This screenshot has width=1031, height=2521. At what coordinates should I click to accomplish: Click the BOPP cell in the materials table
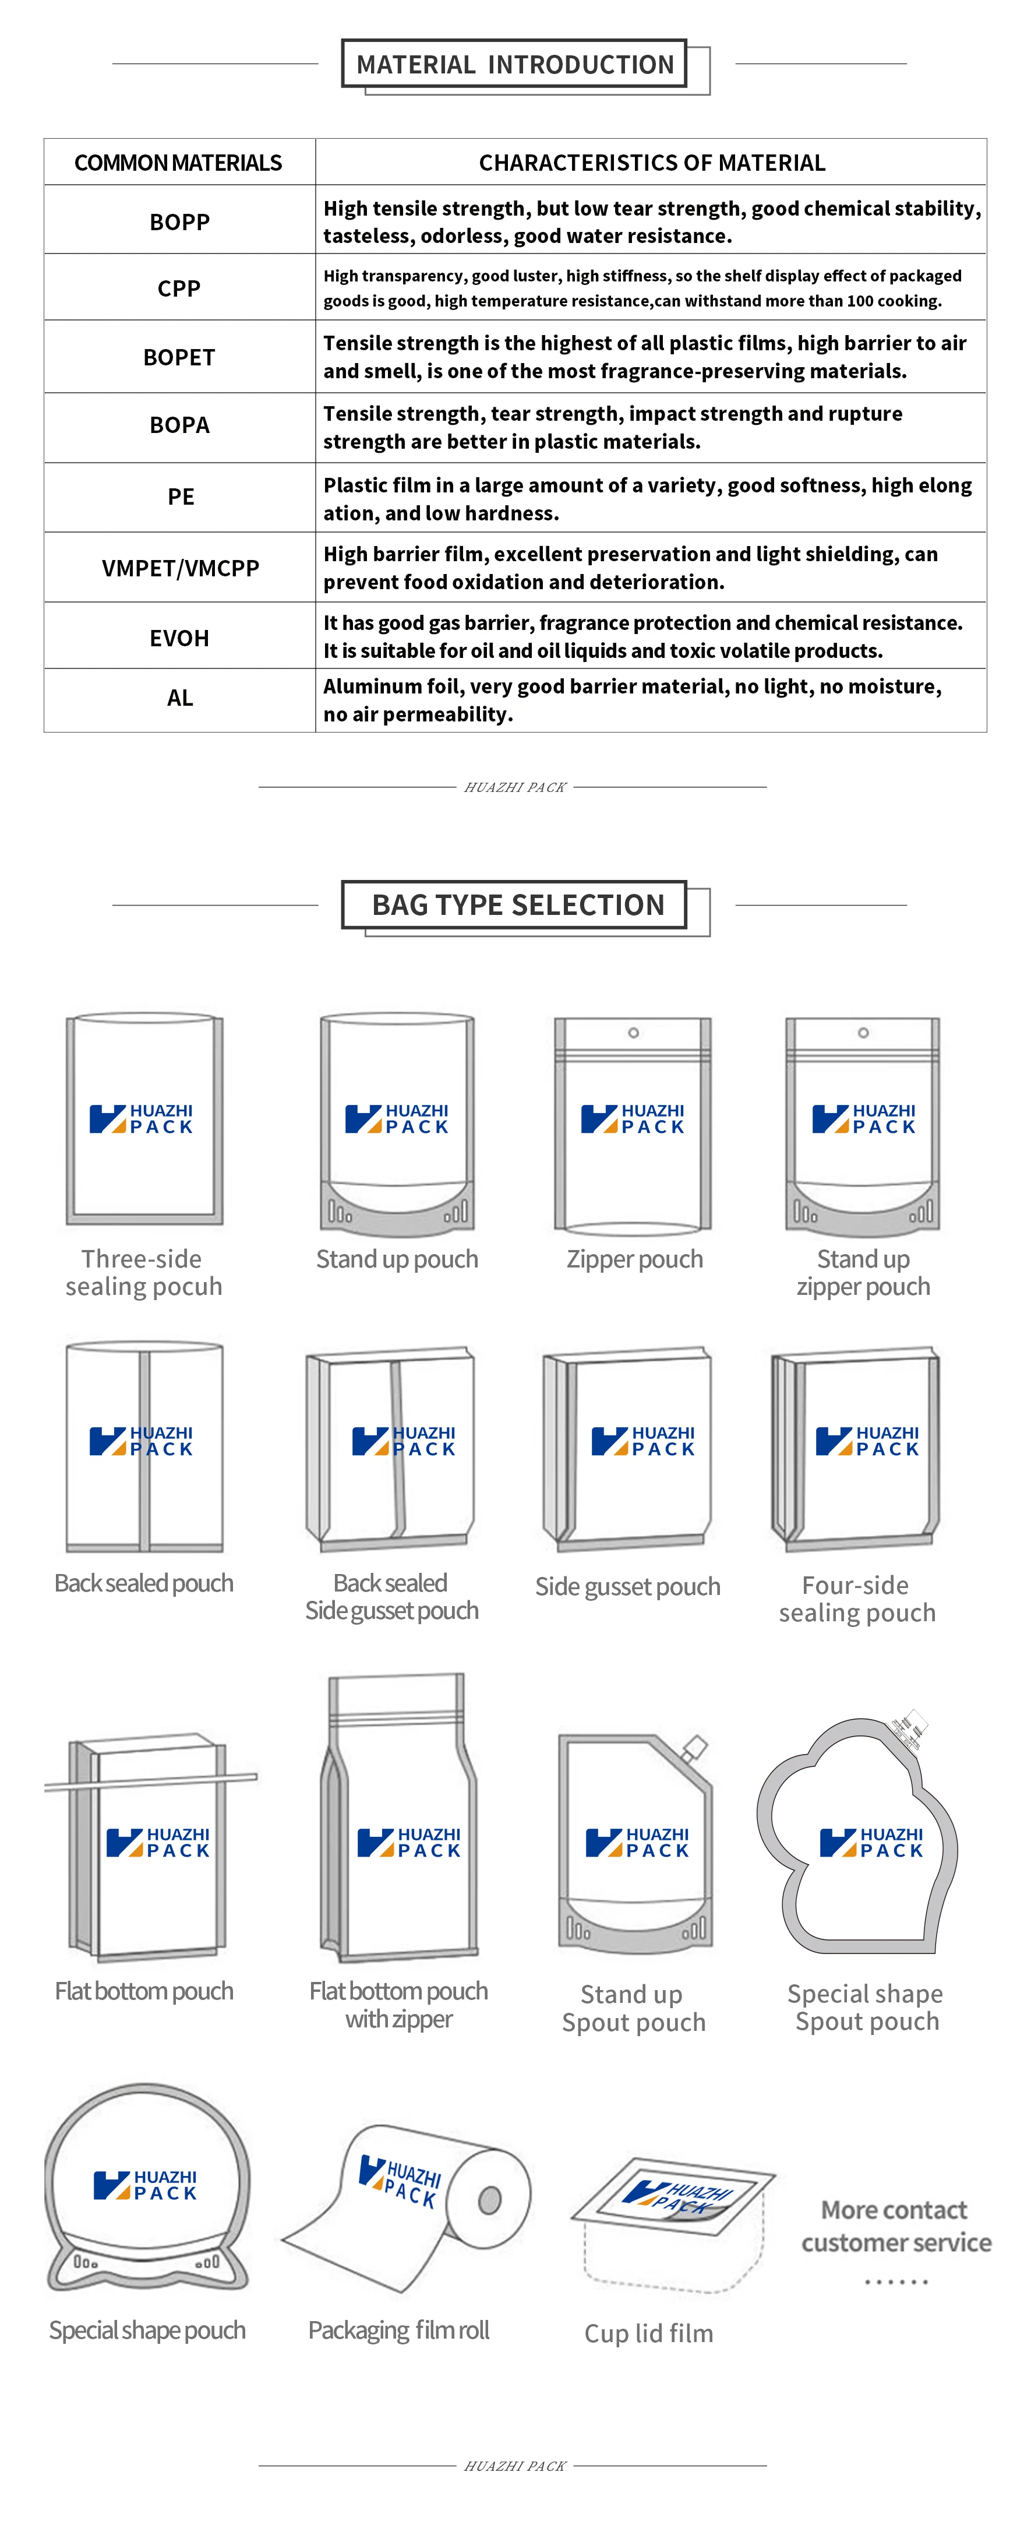pos(179,222)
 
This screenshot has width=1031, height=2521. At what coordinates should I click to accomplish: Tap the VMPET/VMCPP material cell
pos(180,568)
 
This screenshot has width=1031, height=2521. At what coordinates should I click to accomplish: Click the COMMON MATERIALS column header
pos(178,163)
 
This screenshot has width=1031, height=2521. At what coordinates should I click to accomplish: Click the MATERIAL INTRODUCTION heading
pos(514,65)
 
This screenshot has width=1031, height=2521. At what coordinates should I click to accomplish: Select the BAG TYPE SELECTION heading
pos(517,905)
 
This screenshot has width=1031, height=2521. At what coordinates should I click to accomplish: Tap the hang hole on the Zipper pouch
pos(634,1033)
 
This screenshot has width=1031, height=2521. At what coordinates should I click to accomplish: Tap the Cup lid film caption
pos(648,2333)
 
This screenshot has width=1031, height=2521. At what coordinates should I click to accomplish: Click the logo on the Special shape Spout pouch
pos(871,1842)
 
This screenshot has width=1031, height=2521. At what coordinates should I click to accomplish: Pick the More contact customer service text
pos(896,2226)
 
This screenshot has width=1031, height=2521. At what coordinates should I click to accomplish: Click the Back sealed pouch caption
pos(144,1583)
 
